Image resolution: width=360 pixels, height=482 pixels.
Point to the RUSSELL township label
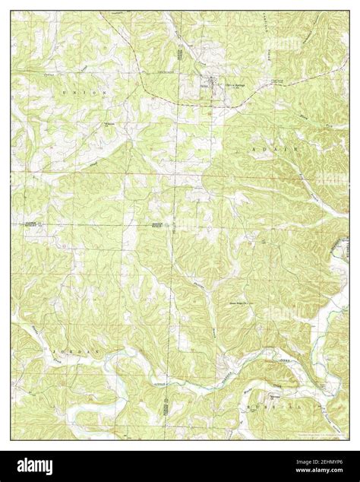coord(300,407)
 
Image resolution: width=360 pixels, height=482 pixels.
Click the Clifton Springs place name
coord(221,84)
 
